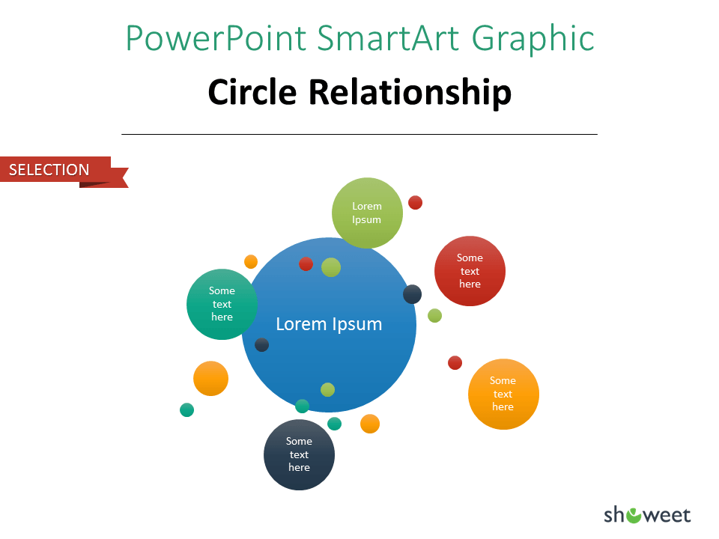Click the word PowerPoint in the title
pyautogui.click(x=216, y=38)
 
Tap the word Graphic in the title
pyautogui.click(x=533, y=40)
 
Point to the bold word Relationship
pyautogui.click(x=410, y=93)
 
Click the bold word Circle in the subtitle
pyautogui.click(x=252, y=92)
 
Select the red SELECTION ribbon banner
pyautogui.click(x=64, y=172)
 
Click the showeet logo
pyautogui.click(x=647, y=515)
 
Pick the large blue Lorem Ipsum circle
pyautogui.click(x=329, y=324)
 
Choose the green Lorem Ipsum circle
pyautogui.click(x=367, y=213)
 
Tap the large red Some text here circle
pyautogui.click(x=470, y=271)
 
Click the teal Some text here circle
pyautogui.click(x=222, y=305)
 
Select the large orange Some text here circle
pyautogui.click(x=503, y=395)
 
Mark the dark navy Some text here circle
pyautogui.click(x=299, y=454)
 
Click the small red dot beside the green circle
pyautogui.click(x=415, y=203)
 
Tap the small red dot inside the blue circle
pyautogui.click(x=306, y=264)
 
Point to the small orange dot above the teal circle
pyautogui.click(x=251, y=262)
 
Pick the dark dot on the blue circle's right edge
pyautogui.click(x=412, y=294)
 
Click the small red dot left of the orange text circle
pyautogui.click(x=455, y=362)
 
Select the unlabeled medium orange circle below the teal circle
pyautogui.click(x=211, y=379)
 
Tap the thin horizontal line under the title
pyautogui.click(x=359, y=134)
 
